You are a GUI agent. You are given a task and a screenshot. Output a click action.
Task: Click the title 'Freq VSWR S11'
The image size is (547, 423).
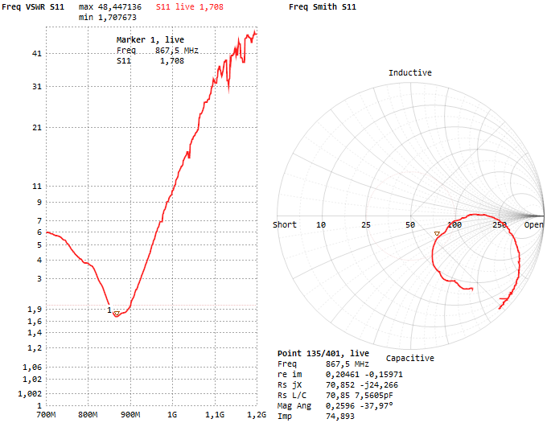35,7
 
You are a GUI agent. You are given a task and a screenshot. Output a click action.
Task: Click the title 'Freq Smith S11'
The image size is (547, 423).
322,7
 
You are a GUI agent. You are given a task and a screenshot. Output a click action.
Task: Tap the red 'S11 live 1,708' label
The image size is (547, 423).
190,7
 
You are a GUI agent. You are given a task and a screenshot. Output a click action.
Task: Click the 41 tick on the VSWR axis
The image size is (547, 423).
36,54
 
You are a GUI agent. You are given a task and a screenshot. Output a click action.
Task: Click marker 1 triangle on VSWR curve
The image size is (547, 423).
116,313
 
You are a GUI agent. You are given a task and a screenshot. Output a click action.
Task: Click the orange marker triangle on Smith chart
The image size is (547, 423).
437,234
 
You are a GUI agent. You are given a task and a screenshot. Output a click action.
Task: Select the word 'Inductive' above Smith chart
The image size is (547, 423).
409,73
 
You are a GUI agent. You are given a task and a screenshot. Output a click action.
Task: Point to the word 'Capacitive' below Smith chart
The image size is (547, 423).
409,358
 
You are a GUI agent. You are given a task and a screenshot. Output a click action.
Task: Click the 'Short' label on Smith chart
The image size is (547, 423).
285,225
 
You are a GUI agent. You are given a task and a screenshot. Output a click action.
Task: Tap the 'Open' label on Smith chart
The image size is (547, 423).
534,225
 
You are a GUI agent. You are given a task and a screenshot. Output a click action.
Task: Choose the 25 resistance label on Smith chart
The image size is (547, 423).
365,225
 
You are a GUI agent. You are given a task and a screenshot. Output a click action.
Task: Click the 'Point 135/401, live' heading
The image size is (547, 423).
323,353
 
